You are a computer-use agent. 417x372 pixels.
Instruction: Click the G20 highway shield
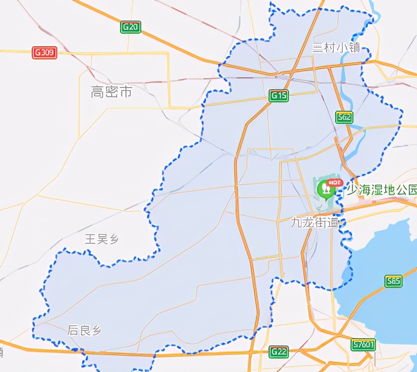click(131, 27)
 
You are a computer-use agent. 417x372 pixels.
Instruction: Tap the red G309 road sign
click(45, 53)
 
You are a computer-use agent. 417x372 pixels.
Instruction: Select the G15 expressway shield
click(279, 95)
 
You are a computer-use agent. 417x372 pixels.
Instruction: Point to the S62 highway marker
click(344, 117)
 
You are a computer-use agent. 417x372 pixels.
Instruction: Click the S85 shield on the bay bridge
click(393, 281)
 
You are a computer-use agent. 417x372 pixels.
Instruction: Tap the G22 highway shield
click(279, 352)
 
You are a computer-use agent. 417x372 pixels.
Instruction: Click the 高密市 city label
click(111, 92)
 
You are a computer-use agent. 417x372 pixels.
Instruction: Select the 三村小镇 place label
click(337, 48)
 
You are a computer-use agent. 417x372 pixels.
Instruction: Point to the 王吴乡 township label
click(101, 239)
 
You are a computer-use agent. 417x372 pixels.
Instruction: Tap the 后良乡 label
click(84, 330)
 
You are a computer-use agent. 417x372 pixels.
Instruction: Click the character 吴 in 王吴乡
click(101, 239)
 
